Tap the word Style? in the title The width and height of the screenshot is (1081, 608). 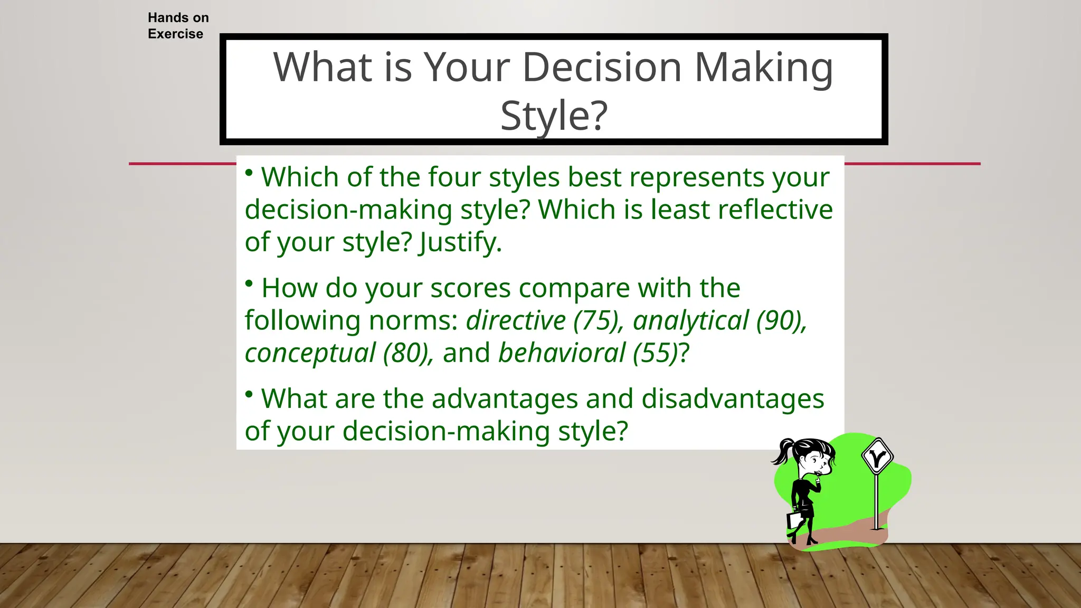[x=554, y=116]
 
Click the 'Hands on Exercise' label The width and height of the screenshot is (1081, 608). [x=178, y=26]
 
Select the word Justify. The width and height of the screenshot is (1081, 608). [x=460, y=242]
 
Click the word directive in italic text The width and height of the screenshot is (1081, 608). [x=516, y=320]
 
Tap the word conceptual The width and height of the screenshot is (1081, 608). [x=310, y=353]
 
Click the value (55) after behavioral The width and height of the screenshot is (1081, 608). [x=655, y=353]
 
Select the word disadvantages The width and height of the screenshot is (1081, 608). [x=733, y=398]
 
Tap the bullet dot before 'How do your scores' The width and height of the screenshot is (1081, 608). [x=249, y=283]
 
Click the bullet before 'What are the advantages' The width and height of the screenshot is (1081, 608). [x=249, y=394]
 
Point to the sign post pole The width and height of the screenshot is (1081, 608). [x=877, y=501]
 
